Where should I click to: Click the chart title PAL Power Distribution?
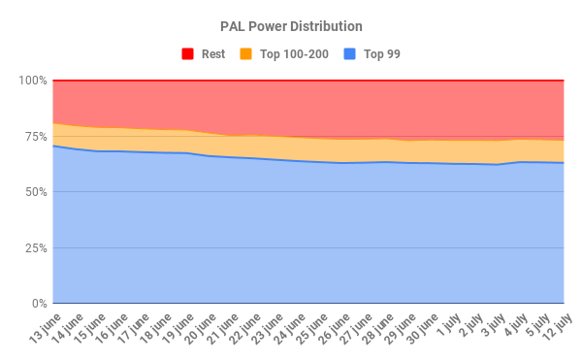click(x=290, y=26)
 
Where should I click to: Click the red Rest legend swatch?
click(x=187, y=54)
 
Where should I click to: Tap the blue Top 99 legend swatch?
click(x=351, y=54)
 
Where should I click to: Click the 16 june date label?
click(x=110, y=328)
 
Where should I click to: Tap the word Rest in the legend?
click(x=213, y=54)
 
